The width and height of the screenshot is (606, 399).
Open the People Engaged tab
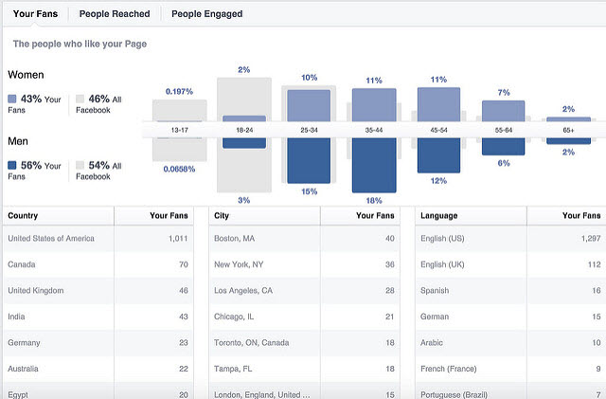tap(207, 14)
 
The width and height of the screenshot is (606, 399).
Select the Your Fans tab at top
tap(34, 14)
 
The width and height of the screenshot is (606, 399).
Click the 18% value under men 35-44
tap(373, 201)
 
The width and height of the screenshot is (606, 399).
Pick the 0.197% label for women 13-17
tap(179, 92)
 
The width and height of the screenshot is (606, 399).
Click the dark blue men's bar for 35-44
tap(373, 165)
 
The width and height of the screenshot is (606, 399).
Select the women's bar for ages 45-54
tap(438, 104)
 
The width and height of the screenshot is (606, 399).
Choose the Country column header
tap(23, 216)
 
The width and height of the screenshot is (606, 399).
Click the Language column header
tap(439, 216)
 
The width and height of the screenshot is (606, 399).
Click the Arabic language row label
tap(434, 341)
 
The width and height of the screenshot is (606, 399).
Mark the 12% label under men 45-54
tap(438, 180)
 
